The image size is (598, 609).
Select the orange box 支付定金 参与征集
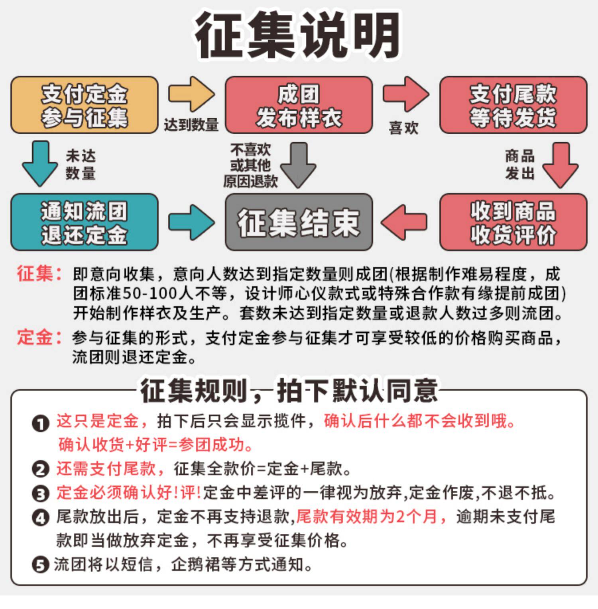(84, 105)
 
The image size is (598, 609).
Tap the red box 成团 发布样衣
(299, 105)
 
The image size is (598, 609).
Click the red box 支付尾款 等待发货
(513, 105)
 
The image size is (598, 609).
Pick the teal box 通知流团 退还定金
(84, 222)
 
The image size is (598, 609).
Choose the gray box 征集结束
(299, 222)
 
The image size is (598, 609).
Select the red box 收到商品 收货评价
(513, 222)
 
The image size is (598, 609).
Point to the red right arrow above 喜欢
(405, 94)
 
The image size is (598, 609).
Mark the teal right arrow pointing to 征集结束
(191, 222)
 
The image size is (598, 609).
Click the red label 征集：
(39, 274)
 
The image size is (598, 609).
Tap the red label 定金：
(39, 338)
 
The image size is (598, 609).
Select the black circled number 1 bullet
(40, 423)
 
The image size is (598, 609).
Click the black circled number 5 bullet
(40, 565)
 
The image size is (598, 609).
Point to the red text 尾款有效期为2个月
(366, 517)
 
